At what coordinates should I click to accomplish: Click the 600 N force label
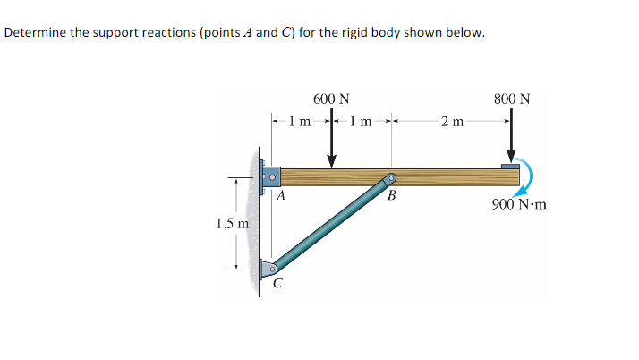[x=331, y=99]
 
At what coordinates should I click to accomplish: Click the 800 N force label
[x=511, y=99]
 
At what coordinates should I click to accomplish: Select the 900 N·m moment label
[x=519, y=204]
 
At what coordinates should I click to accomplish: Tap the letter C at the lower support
[x=277, y=286]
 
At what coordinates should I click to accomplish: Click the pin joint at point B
[x=390, y=179]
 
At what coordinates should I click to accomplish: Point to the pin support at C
[x=269, y=267]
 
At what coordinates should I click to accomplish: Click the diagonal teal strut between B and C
[x=331, y=223]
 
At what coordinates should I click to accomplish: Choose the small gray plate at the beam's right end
[x=510, y=166]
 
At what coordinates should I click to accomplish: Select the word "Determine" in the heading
[x=35, y=33]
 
